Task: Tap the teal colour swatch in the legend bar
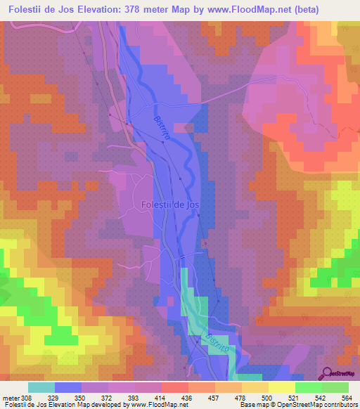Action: (x=41, y=388)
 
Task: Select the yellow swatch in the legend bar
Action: (x=282, y=388)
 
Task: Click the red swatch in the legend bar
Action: (x=175, y=388)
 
